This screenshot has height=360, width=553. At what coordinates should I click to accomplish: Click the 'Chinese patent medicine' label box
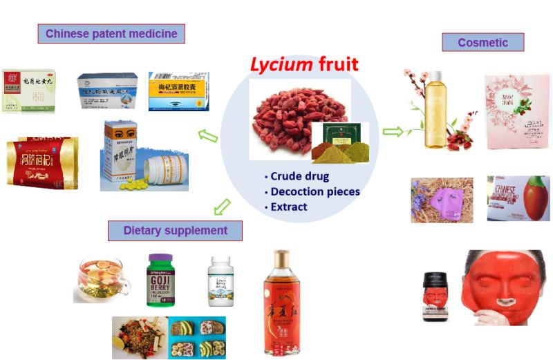pyautogui.click(x=111, y=33)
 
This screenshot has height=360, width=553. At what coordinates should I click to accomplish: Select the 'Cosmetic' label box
pyautogui.click(x=482, y=43)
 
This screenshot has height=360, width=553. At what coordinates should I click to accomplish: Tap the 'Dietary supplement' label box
pyautogui.click(x=175, y=230)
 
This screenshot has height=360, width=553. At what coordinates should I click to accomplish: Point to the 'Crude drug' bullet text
pyautogui.click(x=298, y=176)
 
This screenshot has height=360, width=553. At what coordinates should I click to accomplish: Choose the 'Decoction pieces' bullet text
pyautogui.click(x=313, y=191)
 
